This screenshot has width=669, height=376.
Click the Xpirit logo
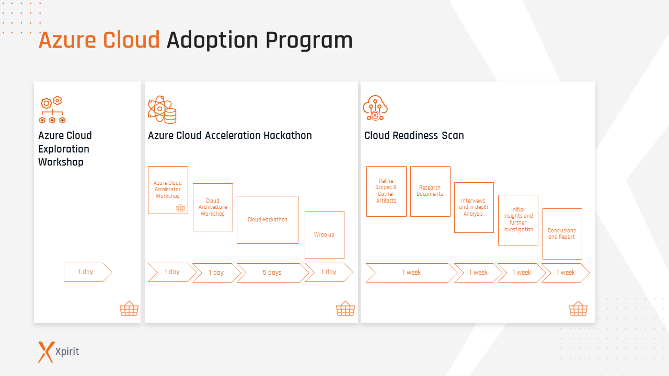pyautogui.click(x=59, y=351)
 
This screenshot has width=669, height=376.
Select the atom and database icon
pyautogui.click(x=162, y=109)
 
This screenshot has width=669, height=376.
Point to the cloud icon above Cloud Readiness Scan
pyautogui.click(x=375, y=108)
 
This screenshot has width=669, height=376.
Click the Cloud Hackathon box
pyautogui.click(x=268, y=220)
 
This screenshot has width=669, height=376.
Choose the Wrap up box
pyautogui.click(x=324, y=235)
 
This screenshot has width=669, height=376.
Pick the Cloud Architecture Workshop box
pyautogui.click(x=213, y=207)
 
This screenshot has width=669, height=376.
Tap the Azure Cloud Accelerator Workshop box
pyautogui.click(x=168, y=190)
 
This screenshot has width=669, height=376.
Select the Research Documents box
pyautogui.click(x=430, y=191)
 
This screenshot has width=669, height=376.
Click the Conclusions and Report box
pyautogui.click(x=562, y=234)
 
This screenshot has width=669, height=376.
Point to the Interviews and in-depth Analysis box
pyautogui.click(x=474, y=207)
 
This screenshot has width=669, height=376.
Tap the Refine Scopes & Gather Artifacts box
pyautogui.click(x=386, y=191)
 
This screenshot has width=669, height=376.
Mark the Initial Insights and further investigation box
pyautogui.click(x=518, y=220)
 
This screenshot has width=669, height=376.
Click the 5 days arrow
pyautogui.click(x=272, y=273)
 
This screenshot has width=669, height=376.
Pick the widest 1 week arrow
pyautogui.click(x=411, y=273)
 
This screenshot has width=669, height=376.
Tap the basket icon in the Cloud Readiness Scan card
pyautogui.click(x=578, y=309)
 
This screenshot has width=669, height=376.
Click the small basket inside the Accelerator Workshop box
pyautogui.click(x=180, y=208)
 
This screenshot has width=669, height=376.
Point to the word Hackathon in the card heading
pyautogui.click(x=287, y=136)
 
